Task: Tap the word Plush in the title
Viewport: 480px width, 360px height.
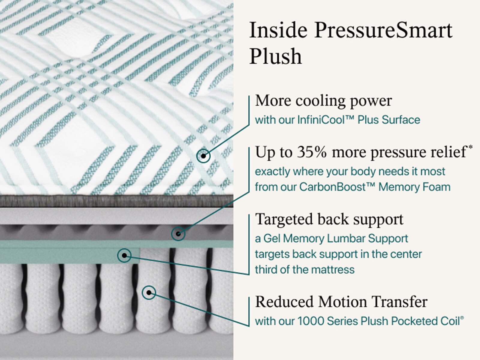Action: pyautogui.click(x=275, y=56)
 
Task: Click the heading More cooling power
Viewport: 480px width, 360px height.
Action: pyautogui.click(x=323, y=100)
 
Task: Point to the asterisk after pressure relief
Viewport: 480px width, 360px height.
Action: pyautogui.click(x=470, y=147)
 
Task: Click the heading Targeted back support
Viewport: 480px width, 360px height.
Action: pyautogui.click(x=329, y=219)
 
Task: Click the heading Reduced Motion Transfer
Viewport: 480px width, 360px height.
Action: pyautogui.click(x=341, y=301)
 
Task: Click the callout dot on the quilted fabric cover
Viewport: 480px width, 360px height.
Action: pyautogui.click(x=203, y=156)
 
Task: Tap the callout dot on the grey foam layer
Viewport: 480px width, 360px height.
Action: pyautogui.click(x=178, y=234)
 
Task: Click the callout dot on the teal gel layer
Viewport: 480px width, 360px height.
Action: pyautogui.click(x=124, y=256)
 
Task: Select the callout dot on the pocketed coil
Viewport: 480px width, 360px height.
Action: pyautogui.click(x=148, y=292)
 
